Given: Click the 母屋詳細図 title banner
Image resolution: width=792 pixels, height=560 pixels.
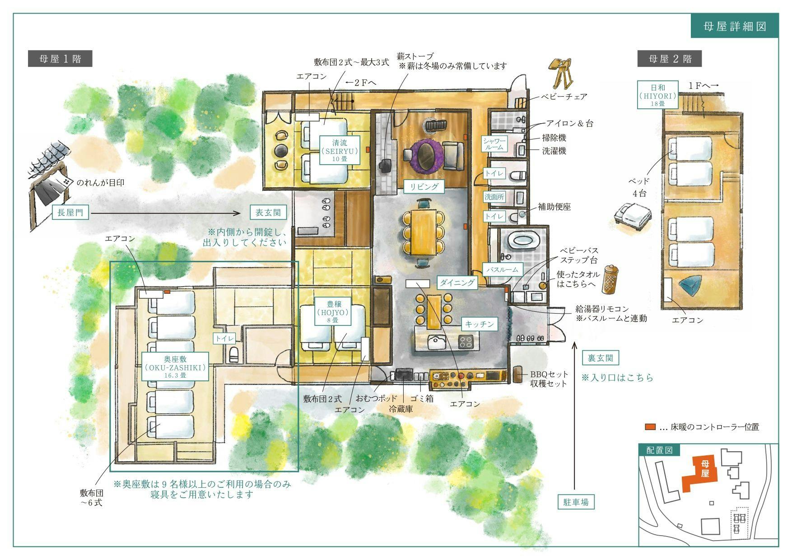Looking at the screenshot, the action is pyautogui.click(x=735, y=26).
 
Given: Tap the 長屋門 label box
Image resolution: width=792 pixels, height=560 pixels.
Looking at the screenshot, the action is pyautogui.click(x=70, y=212).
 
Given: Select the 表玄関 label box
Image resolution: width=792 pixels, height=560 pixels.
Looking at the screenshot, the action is pyautogui.click(x=268, y=212).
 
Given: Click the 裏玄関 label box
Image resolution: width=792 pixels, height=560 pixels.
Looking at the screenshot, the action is pyautogui.click(x=600, y=358).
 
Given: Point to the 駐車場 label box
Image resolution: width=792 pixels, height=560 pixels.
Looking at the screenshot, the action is pyautogui.click(x=576, y=502).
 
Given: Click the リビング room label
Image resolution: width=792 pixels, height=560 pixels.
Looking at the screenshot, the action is pyautogui.click(x=424, y=186).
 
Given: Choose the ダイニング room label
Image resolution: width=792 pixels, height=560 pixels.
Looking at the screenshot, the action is pyautogui.click(x=457, y=282).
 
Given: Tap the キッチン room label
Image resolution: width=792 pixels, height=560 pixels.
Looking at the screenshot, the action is pyautogui.click(x=479, y=324).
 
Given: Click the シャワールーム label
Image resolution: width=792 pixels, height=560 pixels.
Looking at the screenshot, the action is pyautogui.click(x=495, y=144).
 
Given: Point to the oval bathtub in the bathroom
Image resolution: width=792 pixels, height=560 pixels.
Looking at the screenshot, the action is pyautogui.click(x=523, y=241).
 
